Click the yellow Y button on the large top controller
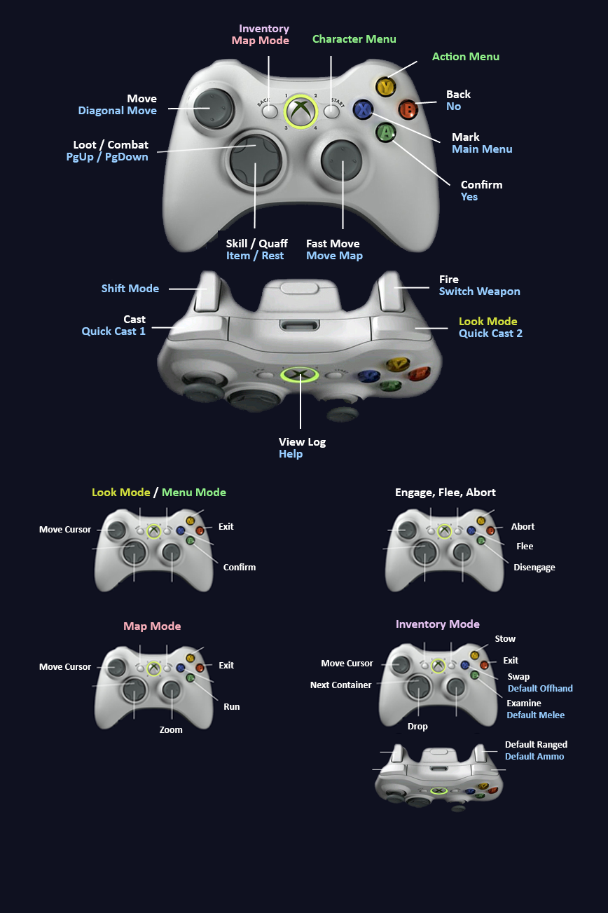(x=385, y=87)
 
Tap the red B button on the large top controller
(x=408, y=109)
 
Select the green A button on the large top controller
(x=385, y=132)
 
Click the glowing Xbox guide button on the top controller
(x=300, y=110)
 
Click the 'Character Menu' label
(x=354, y=39)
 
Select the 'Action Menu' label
(x=465, y=56)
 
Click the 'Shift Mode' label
(x=130, y=288)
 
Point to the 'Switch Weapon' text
(x=479, y=291)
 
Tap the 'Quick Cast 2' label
(x=490, y=334)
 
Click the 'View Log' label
(x=302, y=442)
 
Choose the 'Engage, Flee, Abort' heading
(x=445, y=492)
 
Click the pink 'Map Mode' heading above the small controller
(x=152, y=626)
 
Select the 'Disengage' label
(x=534, y=568)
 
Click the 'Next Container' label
(x=340, y=685)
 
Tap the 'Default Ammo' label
(x=534, y=756)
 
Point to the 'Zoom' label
(x=170, y=729)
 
